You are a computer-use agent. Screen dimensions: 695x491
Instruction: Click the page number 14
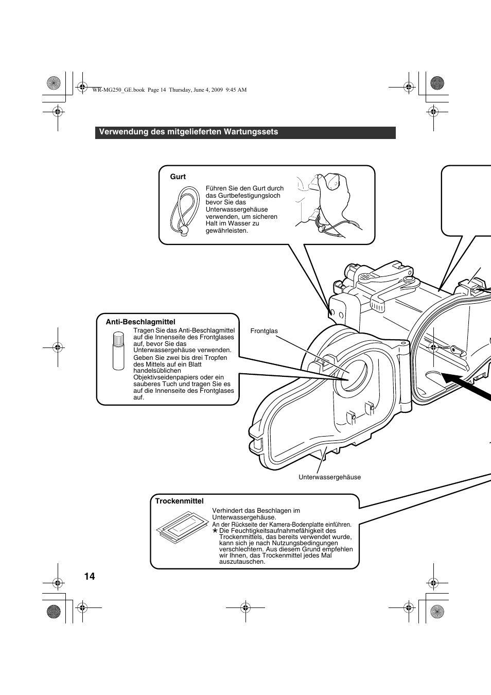(90, 576)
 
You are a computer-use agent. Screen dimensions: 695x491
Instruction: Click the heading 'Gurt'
(178, 177)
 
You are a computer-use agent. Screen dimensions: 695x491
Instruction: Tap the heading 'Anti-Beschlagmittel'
(141, 322)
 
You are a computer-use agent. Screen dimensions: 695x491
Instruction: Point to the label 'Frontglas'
(264, 331)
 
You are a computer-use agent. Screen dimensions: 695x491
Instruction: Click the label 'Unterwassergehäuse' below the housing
(329, 477)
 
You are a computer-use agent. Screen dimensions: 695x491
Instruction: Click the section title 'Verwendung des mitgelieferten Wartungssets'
(188, 132)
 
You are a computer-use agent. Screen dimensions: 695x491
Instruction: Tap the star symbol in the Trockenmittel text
(215, 530)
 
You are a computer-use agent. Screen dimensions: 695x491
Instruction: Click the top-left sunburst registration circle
(54, 83)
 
